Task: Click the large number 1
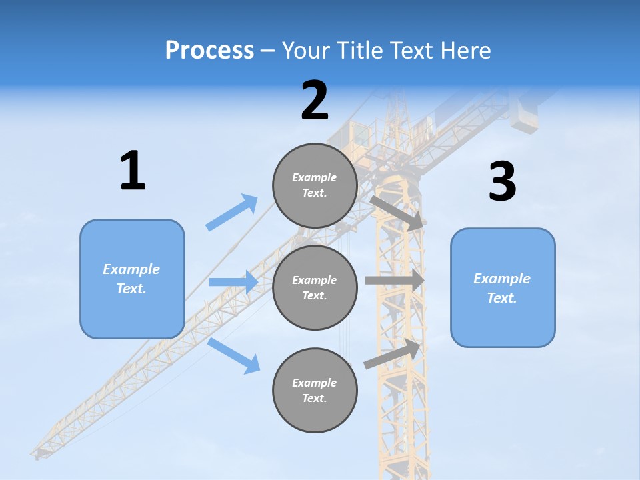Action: click(133, 171)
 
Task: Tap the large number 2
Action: click(315, 101)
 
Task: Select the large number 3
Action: click(503, 182)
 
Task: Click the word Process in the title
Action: click(209, 50)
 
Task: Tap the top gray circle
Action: click(315, 185)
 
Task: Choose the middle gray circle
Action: click(315, 287)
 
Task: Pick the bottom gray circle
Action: click(315, 390)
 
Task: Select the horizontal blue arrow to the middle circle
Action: click(233, 282)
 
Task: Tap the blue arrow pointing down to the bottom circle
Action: click(234, 355)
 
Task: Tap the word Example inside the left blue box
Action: click(131, 269)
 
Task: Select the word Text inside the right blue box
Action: click(502, 298)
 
